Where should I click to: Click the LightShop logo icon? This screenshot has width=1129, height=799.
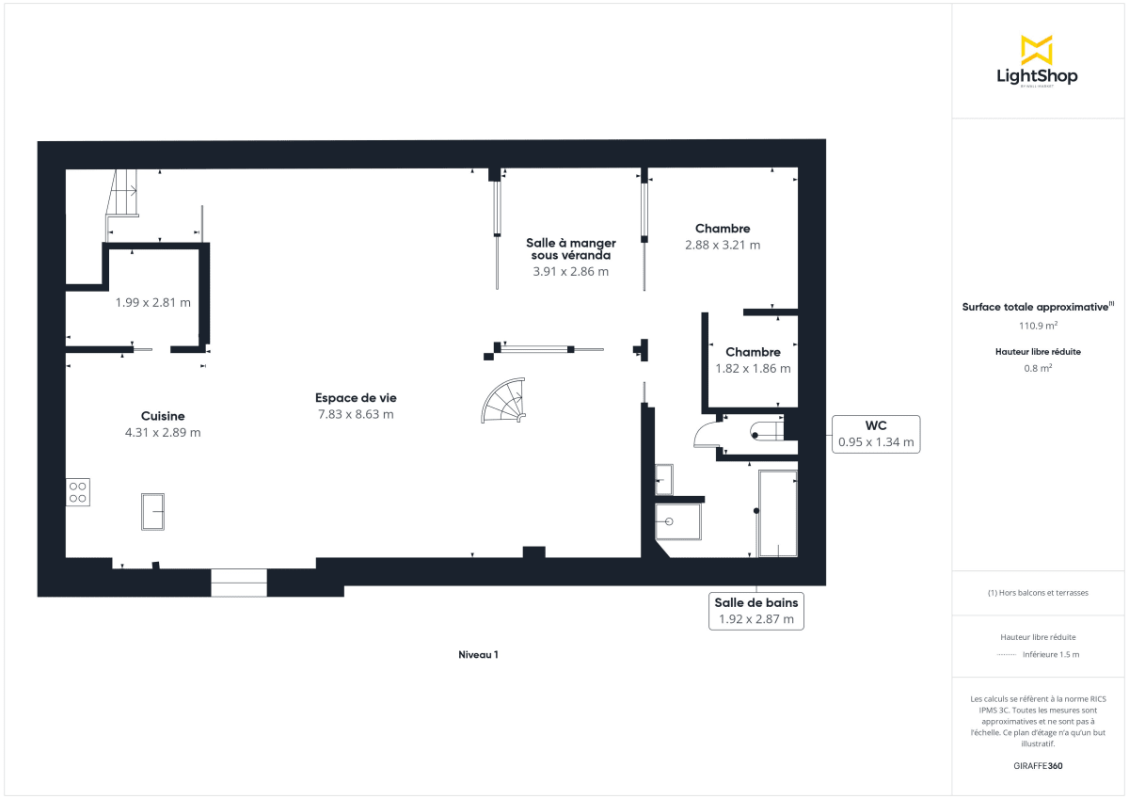coord(1036,50)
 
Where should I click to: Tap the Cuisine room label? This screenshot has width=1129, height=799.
coord(163,416)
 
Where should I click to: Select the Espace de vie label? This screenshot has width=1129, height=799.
coord(356,398)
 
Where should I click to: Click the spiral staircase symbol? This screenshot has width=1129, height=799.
coord(505,399)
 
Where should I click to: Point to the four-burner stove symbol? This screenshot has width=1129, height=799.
coord(78,492)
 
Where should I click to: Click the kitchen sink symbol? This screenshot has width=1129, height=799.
coord(153,511)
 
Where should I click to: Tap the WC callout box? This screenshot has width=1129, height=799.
coord(875,434)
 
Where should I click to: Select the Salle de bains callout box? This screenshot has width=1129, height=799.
coord(756,611)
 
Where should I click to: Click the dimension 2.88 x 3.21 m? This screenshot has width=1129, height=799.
coord(723,245)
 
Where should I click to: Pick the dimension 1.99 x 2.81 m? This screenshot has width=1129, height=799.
coord(153,303)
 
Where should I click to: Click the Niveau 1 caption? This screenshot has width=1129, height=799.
coord(478,655)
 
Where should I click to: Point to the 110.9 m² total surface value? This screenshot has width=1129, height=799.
coord(1039,326)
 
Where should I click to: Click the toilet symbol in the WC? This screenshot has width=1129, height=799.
coord(765,432)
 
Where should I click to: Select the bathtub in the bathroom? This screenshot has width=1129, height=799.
coord(778,514)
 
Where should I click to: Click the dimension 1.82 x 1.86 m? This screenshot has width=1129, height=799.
coord(753,369)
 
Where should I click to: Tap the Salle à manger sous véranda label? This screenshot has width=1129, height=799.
coord(570,248)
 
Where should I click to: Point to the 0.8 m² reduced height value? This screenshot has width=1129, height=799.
coord(1039,369)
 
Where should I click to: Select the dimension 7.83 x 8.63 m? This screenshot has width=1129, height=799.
coord(356,414)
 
